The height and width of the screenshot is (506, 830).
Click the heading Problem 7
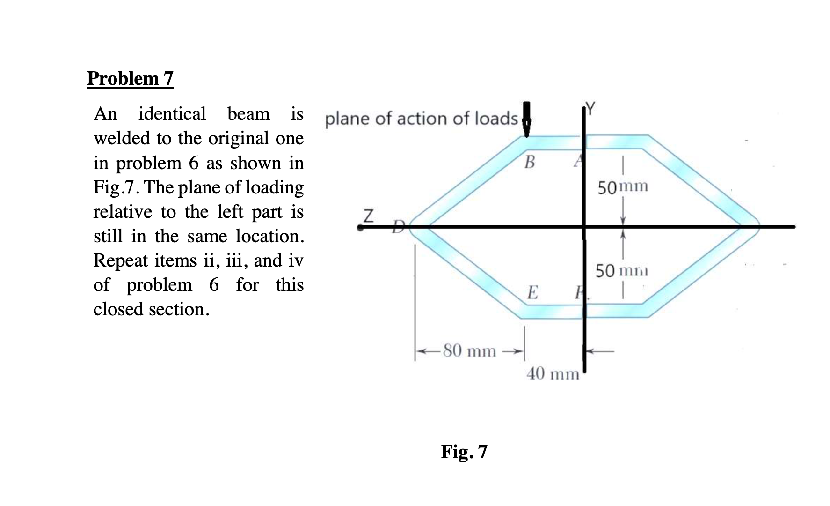coord(130,78)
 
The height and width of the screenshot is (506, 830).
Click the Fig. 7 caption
coord(464,452)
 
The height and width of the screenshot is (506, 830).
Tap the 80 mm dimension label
coord(469,350)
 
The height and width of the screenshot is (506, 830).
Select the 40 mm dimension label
coord(553,374)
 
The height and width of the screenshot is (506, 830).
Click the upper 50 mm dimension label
coord(623,187)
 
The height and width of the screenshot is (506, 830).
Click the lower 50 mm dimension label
coord(622,271)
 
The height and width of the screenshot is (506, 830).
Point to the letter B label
coord(529,162)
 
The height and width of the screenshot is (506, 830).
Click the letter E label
coord(532,292)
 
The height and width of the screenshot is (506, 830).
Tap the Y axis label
coord(591,109)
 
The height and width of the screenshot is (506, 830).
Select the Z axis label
coord(369,216)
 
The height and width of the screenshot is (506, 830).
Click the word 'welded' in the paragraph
coord(122,138)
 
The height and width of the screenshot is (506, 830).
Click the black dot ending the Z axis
coord(359,228)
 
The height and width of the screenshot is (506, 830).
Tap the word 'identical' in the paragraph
coord(172,114)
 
